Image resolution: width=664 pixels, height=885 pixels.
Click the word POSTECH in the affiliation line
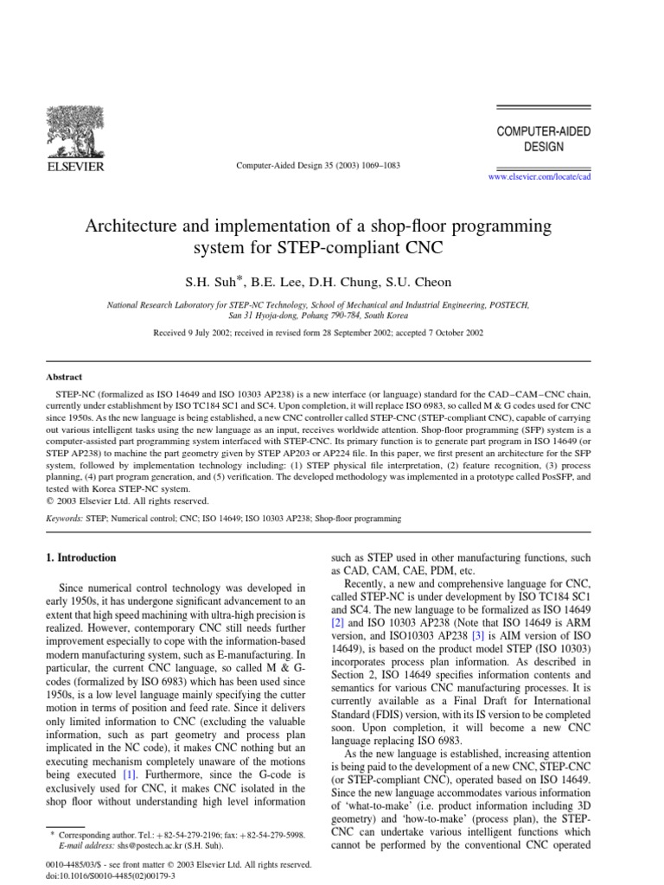tap(512, 305)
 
